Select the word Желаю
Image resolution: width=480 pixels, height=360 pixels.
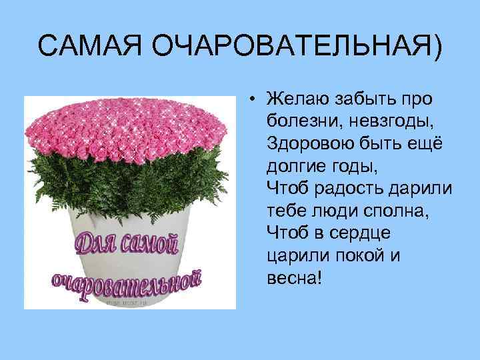click(x=297, y=100)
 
